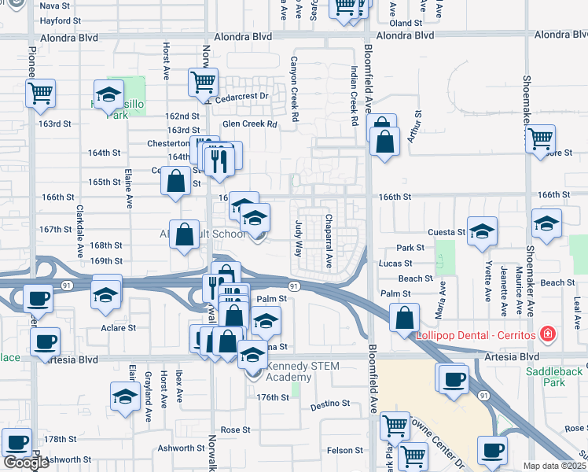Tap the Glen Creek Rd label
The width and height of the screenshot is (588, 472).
pos(250,124)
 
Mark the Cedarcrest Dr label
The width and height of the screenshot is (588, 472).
pos(238,97)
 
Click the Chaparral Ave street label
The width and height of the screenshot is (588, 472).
pos(329,240)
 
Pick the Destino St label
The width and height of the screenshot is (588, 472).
pos(330,404)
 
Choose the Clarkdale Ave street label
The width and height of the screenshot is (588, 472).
pos(79,233)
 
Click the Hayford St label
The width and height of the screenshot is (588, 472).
pos(60,22)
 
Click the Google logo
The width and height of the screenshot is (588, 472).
pos(26,463)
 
